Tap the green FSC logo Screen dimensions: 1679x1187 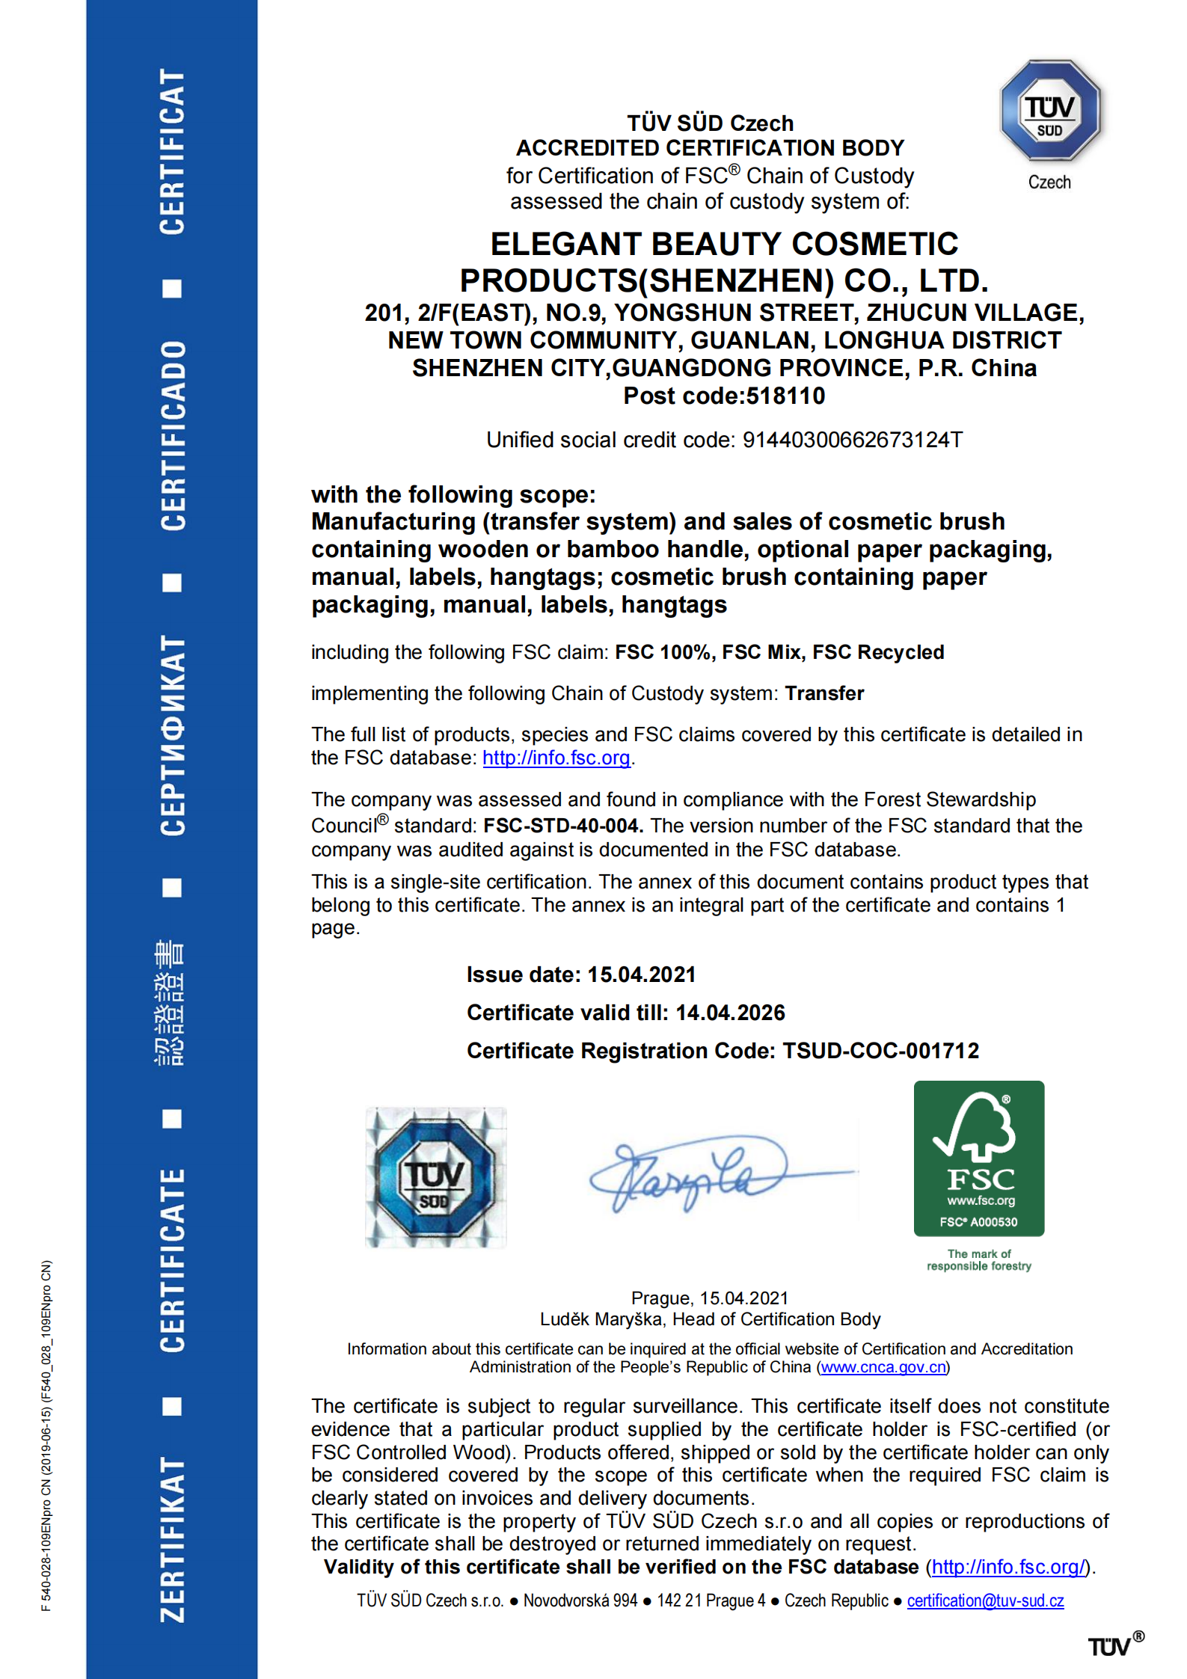978,1158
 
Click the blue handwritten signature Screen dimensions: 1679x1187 703,1171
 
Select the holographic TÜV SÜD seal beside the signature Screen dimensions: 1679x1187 435,1177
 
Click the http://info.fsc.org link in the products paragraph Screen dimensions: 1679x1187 556,758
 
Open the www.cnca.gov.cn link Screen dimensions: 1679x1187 883,1367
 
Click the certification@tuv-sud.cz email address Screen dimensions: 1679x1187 985,1600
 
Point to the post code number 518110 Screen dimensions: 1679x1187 785,396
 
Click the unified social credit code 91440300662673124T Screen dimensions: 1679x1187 852,440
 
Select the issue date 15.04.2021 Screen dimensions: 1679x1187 641,974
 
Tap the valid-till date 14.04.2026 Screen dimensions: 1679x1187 730,1013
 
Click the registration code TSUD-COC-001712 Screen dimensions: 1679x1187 880,1051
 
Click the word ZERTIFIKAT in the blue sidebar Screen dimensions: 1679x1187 172,1538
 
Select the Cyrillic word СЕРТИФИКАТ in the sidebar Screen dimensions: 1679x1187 172,735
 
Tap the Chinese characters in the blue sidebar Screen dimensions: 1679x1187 171,1003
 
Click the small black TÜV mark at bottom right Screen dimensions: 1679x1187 1109,1646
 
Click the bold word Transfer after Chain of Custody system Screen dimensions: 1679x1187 824,693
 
